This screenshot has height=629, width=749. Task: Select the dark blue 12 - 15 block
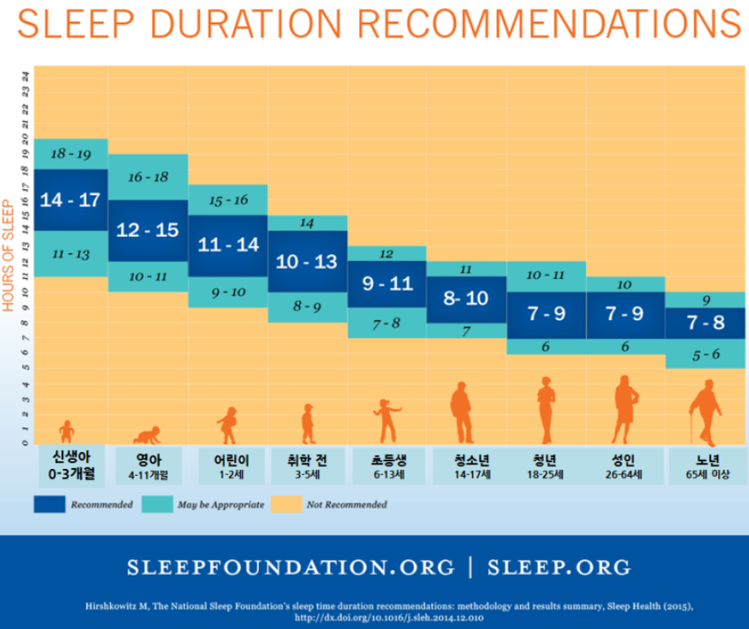pyautogui.click(x=149, y=230)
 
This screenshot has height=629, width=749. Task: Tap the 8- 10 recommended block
pyautogui.click(x=466, y=298)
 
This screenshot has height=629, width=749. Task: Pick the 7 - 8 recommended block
pyautogui.click(x=705, y=322)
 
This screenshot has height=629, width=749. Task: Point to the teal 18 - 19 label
pyautogui.click(x=71, y=153)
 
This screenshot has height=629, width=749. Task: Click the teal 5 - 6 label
pyautogui.click(x=705, y=354)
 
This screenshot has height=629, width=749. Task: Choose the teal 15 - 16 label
pyautogui.click(x=228, y=200)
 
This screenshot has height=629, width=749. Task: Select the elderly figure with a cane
pyautogui.click(x=705, y=413)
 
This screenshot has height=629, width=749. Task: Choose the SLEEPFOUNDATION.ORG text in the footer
pyautogui.click(x=291, y=566)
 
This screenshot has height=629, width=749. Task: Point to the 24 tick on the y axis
pyautogui.click(x=26, y=76)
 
